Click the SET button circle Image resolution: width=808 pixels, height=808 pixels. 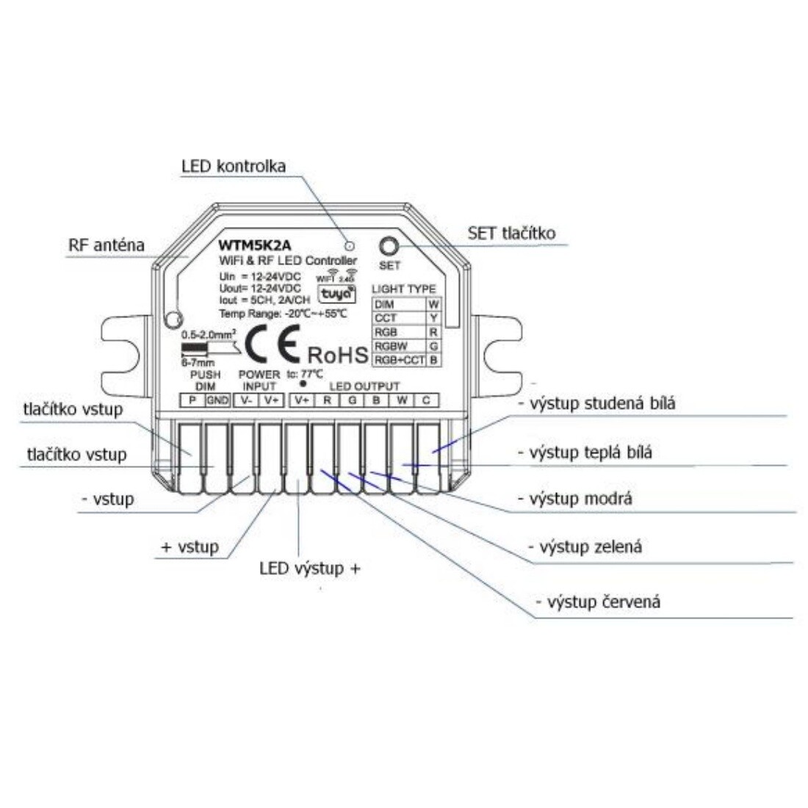pos(389,247)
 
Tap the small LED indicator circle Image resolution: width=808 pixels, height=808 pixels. pos(350,246)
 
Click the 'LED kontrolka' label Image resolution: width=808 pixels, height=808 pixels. pos(233,166)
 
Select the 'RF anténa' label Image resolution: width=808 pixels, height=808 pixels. pos(107,245)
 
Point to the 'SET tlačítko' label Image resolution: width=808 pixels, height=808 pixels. pos(511,234)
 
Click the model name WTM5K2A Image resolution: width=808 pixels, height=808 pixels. pos(250,247)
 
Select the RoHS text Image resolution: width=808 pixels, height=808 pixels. pos(337,355)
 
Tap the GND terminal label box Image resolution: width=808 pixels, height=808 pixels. pos(217,400)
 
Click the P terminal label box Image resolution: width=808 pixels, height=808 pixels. pos(192,400)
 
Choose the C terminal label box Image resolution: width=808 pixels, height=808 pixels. pos(426,400)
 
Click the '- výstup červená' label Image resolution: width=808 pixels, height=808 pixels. pos(598,602)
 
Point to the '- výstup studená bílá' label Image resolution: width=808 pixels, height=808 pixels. pos(596,403)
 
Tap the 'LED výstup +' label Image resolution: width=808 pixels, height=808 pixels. pos(309,569)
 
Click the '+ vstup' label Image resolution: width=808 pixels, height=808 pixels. pos(190,547)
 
